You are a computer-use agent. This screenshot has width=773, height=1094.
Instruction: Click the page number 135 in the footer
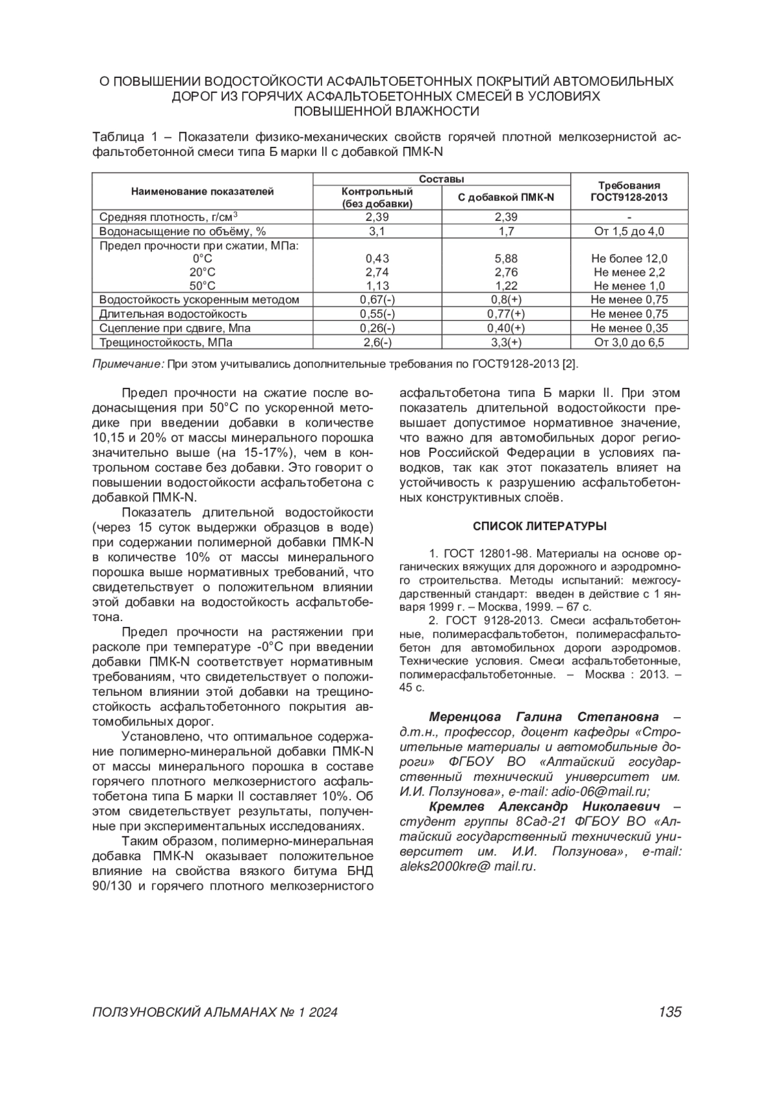[669, 1012]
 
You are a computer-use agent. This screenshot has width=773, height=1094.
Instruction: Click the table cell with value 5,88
[506, 259]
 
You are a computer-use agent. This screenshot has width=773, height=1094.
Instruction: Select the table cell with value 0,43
[377, 259]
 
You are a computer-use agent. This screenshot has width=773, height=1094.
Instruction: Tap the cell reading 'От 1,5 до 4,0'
[629, 231]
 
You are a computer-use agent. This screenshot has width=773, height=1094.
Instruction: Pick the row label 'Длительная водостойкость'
[173, 314]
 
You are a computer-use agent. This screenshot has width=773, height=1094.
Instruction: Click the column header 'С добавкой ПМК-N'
[506, 197]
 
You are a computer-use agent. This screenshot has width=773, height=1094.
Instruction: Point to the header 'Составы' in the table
[441, 179]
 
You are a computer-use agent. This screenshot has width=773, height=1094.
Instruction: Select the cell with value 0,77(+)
[506, 314]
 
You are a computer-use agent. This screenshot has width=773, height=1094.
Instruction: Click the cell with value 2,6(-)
[377, 343]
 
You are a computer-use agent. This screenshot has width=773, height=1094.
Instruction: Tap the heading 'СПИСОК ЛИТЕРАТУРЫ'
[540, 526]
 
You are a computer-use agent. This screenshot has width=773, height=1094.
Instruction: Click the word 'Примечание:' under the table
[129, 364]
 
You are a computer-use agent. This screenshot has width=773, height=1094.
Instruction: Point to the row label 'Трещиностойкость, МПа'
[166, 343]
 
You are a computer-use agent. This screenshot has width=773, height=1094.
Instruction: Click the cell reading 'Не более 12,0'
[629, 259]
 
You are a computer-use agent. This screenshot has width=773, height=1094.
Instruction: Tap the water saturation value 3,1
[377, 231]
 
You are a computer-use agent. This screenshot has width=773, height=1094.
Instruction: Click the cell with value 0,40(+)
[506, 329]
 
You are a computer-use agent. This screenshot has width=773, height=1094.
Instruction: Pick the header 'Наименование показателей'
[202, 191]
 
